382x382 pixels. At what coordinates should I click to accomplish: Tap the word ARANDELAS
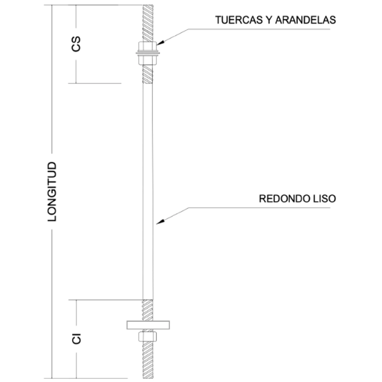pyautogui.click(x=305, y=20)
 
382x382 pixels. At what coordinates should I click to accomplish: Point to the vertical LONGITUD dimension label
pyautogui.click(x=52, y=191)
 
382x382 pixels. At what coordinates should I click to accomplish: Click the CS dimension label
pyautogui.click(x=76, y=44)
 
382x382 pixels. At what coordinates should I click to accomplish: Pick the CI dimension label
pyautogui.click(x=76, y=338)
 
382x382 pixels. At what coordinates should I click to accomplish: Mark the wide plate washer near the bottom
pyautogui.click(x=148, y=324)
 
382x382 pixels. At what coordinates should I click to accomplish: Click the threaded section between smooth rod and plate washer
pyautogui.click(x=147, y=310)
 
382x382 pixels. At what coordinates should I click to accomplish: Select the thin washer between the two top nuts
pyautogui.click(x=147, y=53)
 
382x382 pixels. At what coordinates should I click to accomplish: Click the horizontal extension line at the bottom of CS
pyautogui.click(x=99, y=83)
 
